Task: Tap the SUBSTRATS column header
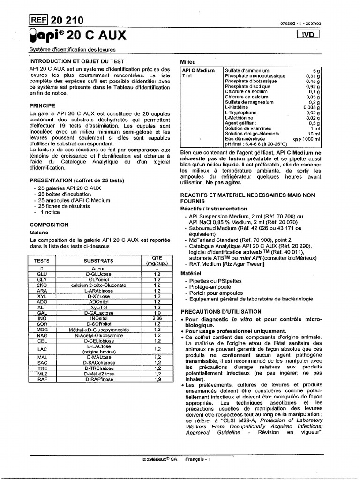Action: point(98,260)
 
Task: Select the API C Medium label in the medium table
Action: point(199,70)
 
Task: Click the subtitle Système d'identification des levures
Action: point(72,50)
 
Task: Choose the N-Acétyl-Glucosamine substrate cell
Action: point(98,335)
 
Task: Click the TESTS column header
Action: point(42,260)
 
